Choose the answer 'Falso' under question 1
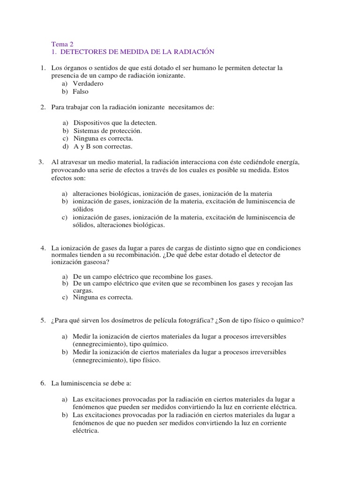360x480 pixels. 81,91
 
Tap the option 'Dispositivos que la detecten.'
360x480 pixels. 115,122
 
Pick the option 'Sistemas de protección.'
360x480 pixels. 107,130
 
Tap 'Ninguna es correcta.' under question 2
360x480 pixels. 103,138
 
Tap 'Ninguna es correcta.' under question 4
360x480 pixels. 103,297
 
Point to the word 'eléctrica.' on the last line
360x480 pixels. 86,431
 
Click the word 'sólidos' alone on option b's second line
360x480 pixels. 83,209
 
